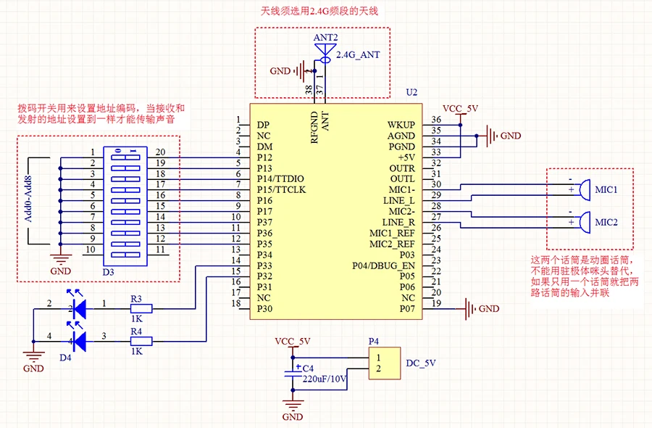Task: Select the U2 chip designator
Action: click(411, 93)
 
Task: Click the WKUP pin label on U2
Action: click(401, 125)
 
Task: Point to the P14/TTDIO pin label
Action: click(280, 178)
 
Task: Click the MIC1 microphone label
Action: click(606, 190)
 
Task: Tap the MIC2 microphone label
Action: click(606, 222)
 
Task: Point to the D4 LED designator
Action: click(66, 358)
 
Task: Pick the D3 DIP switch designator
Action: click(108, 271)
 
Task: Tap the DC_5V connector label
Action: click(422, 363)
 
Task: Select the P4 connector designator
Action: click(374, 340)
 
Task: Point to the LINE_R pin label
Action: click(398, 222)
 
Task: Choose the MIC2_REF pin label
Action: click(391, 244)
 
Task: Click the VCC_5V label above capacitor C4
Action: click(293, 341)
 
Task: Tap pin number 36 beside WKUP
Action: click(436, 120)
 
